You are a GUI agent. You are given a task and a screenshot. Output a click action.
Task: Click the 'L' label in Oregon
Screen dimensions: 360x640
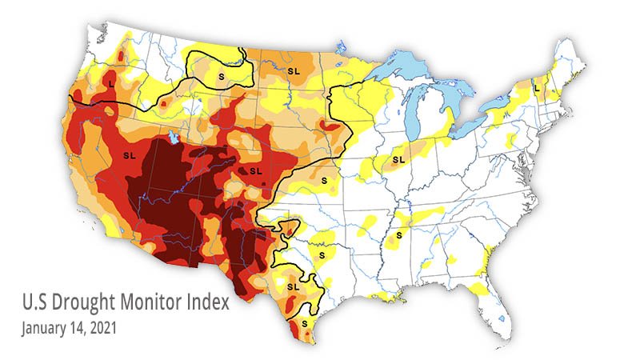click(x=110, y=82)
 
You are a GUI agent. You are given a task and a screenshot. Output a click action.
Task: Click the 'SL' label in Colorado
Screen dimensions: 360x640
click(x=256, y=170)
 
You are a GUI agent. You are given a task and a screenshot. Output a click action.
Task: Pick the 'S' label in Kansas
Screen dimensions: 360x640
click(x=324, y=182)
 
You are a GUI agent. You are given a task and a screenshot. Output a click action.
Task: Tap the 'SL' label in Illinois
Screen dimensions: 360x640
click(x=398, y=160)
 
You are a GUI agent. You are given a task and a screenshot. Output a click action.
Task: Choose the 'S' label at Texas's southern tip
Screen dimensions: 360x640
click(x=304, y=322)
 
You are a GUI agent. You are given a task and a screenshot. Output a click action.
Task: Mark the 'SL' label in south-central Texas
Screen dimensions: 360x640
click(x=293, y=285)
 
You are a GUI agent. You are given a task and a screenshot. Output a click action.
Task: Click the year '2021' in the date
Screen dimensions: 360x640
click(x=103, y=327)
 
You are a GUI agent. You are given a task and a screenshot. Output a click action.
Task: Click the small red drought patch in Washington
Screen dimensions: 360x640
click(x=121, y=55)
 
